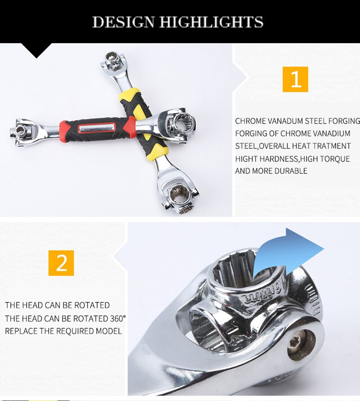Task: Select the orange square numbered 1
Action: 295,79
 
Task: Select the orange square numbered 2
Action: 61,263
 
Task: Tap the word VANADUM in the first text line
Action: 286,121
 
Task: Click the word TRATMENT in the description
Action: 330,146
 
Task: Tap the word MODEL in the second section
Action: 110,331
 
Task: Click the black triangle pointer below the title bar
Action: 37,51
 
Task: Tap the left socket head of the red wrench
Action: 20,130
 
